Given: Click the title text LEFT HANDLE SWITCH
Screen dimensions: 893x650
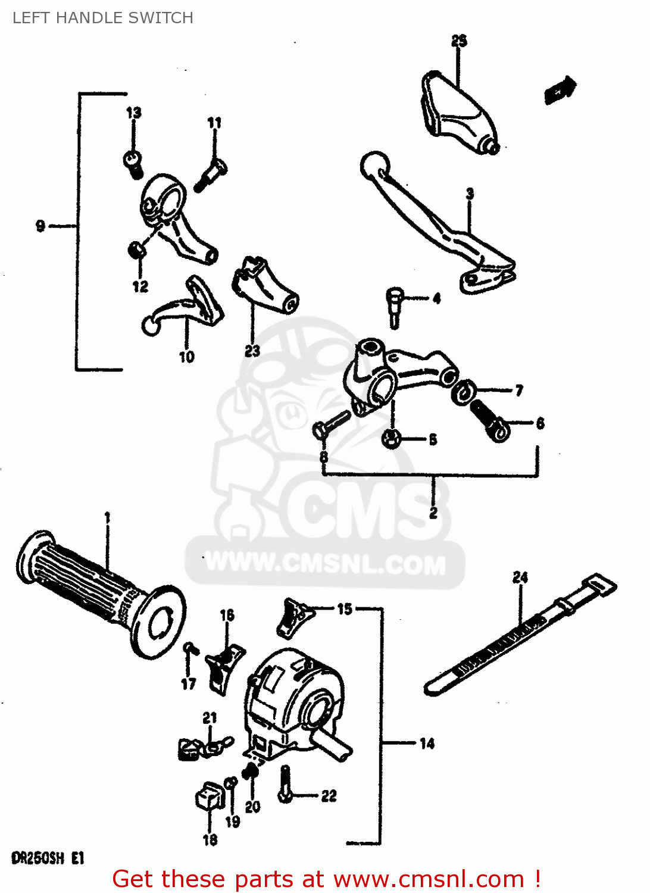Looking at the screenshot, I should coord(103,18).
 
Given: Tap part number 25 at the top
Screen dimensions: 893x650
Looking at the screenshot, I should coord(459,41).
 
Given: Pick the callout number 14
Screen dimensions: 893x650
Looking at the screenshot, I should coord(427,744).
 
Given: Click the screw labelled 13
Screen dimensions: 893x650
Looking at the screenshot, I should coord(133,163).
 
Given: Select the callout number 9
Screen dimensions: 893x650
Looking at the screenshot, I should coord(40,226).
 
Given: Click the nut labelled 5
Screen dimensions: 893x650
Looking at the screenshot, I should coord(391,439).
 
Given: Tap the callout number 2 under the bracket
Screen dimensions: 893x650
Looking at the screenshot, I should coord(433,512).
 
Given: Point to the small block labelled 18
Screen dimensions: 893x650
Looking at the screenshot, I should coord(209,796).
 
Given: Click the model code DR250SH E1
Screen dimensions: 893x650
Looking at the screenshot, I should coord(48,858).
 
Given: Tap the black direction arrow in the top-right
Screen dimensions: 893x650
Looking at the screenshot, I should coord(560,90).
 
